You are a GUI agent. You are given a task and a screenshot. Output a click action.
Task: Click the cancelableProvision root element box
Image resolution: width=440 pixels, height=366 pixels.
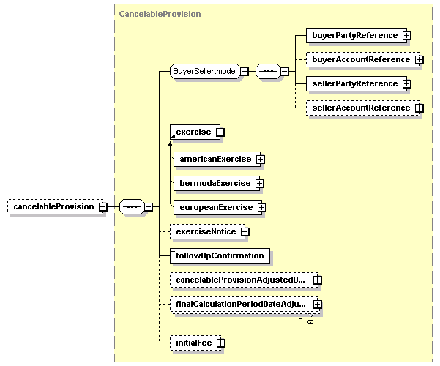point(53,206)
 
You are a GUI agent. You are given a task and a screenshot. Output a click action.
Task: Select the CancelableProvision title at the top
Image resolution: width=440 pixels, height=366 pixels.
point(160,14)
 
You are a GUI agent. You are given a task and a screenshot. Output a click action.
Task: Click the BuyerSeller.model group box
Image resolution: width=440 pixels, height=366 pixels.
point(204,71)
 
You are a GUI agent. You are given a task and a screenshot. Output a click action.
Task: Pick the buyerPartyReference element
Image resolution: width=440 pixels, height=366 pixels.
point(354,35)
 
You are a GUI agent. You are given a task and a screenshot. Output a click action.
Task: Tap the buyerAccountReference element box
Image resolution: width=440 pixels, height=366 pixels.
point(359,59)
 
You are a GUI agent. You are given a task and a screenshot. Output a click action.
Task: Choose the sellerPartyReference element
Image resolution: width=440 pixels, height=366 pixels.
point(354,83)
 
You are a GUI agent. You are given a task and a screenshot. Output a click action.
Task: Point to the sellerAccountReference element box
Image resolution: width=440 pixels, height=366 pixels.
point(359,108)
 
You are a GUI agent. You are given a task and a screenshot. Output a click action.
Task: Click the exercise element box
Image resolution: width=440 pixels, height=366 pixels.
point(192,132)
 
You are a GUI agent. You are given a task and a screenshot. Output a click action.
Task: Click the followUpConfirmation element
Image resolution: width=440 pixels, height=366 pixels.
point(220,255)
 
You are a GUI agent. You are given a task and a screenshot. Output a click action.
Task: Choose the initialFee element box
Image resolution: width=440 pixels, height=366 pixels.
point(192,343)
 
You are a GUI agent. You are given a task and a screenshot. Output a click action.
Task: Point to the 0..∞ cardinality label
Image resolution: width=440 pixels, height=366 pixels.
point(305,321)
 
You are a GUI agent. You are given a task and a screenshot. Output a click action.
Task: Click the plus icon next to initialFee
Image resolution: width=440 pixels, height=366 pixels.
point(220,343)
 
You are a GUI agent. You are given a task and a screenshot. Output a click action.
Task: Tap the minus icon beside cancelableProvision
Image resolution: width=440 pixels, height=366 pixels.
point(103,206)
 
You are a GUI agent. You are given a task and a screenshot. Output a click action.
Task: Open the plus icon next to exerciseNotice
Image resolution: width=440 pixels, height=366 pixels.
point(245,231)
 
